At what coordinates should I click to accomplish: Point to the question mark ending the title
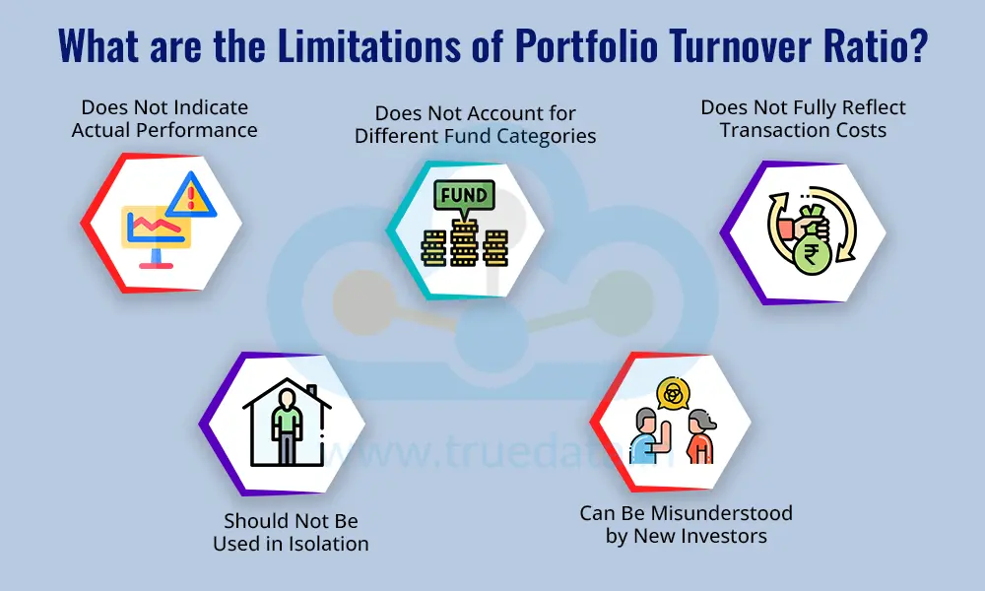pyautogui.click(x=915, y=48)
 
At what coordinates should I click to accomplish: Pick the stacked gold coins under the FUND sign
pyautogui.click(x=463, y=246)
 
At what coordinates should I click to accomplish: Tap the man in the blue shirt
pyautogui.click(x=642, y=436)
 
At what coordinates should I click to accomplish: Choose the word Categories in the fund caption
pyautogui.click(x=546, y=136)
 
